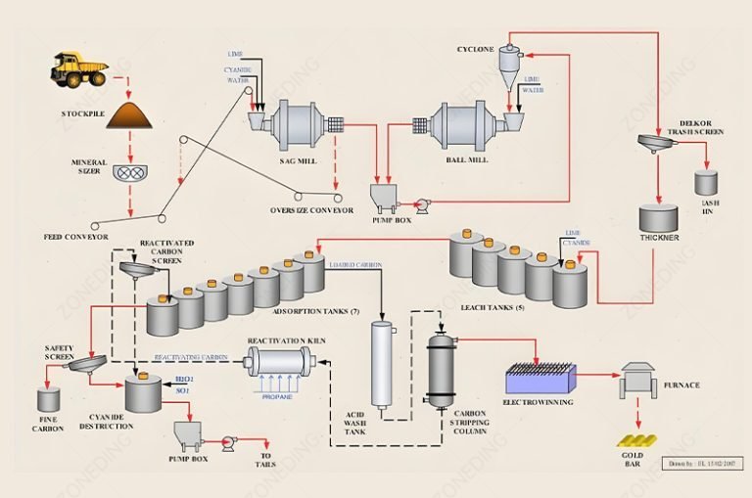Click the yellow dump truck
pos(79,69)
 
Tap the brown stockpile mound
pos(130,116)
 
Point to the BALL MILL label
pos(467,159)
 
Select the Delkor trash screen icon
pos(657,144)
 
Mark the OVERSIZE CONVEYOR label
pos(311,209)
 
